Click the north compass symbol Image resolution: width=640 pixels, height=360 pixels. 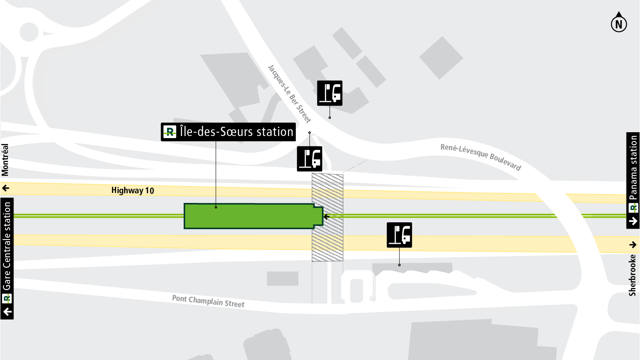click(619, 24)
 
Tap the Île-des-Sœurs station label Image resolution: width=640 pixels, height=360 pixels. click(228, 132)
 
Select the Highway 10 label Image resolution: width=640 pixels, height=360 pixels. click(133, 190)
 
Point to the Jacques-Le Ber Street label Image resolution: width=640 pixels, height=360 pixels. click(289, 94)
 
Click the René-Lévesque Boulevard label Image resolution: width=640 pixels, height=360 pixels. click(481, 157)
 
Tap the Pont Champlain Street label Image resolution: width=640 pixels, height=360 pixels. click(208, 301)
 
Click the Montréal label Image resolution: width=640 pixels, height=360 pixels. click(5, 160)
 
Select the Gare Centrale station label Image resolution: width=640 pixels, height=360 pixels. click(7, 246)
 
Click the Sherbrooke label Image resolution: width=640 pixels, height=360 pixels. click(632, 275)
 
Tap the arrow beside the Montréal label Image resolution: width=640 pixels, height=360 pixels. click(5, 188)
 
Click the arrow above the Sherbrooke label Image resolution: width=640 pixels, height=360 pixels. click(633, 245)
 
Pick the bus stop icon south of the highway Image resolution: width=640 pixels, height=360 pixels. click(399, 235)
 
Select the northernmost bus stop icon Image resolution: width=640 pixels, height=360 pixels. click(329, 93)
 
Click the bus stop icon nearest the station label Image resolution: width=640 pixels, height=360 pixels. click(310, 159)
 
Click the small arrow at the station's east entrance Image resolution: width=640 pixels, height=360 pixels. click(327, 217)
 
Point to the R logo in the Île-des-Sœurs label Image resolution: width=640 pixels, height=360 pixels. click(170, 132)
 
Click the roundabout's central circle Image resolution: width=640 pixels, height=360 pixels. click(29, 32)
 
